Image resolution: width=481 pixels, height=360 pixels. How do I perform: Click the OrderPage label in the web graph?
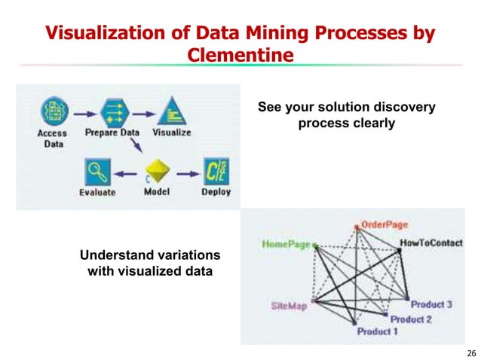tap(384, 224)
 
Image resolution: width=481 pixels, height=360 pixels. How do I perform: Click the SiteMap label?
tap(289, 307)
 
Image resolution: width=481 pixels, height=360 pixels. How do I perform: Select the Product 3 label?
tap(431, 304)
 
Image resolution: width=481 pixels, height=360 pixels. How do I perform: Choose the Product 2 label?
tap(411, 319)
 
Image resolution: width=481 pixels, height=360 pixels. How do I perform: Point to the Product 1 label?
tap(374, 331)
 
